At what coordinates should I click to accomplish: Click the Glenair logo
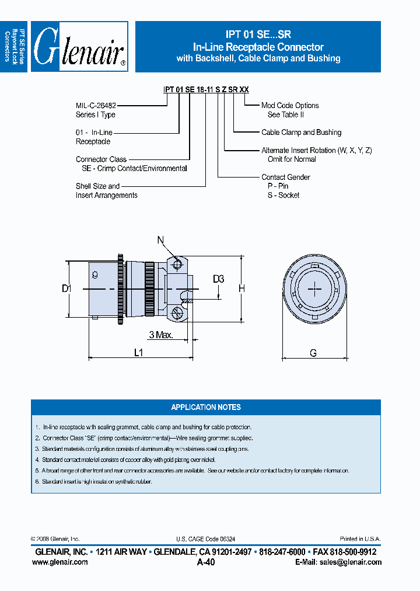tap(79, 47)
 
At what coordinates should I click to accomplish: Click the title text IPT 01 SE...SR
tap(258, 35)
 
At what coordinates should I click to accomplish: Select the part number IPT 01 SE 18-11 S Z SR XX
tap(206, 89)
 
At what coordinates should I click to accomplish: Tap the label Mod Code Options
tap(290, 106)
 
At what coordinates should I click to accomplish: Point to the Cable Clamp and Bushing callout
tap(301, 133)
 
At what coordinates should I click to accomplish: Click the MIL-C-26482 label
tap(96, 106)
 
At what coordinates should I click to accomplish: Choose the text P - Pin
tap(278, 186)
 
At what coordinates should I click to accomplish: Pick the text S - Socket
tap(282, 195)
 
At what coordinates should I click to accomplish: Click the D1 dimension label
tap(66, 288)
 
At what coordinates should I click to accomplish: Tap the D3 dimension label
tap(218, 280)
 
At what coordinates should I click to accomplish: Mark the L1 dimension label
tap(139, 352)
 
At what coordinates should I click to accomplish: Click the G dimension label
tap(313, 352)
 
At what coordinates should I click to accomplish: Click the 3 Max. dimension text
tap(160, 335)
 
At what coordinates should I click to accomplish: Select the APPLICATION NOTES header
tap(205, 407)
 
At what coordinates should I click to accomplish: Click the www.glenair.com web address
tap(60, 562)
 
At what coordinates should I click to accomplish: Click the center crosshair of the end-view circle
tap(314, 289)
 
